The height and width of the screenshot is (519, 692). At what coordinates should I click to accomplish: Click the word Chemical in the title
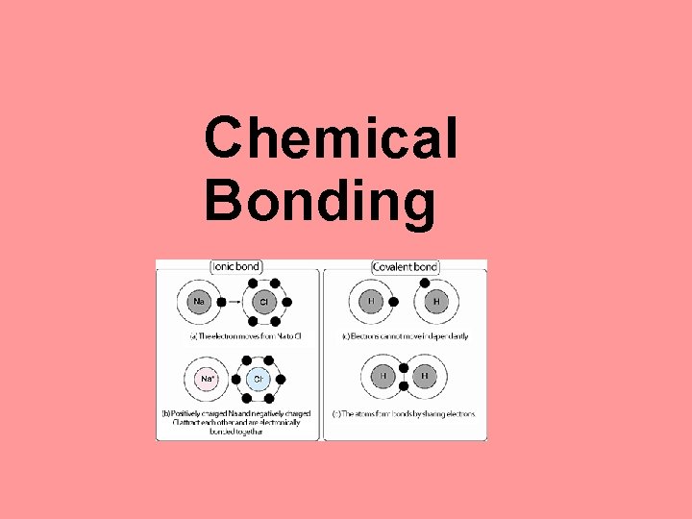click(331, 136)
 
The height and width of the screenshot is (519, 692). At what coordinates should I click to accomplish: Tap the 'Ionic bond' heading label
click(236, 265)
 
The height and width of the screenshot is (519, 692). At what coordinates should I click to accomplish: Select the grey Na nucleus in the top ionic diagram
click(199, 302)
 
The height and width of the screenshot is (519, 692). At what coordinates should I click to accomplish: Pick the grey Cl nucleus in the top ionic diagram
click(262, 302)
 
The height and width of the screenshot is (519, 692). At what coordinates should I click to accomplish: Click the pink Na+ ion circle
click(207, 379)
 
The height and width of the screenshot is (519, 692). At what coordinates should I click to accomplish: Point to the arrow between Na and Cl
click(234, 302)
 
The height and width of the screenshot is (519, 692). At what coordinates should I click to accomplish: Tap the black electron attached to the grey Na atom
click(221, 302)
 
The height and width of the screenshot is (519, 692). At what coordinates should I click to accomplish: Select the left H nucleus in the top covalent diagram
click(369, 302)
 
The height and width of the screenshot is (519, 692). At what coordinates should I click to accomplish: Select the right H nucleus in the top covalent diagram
click(435, 302)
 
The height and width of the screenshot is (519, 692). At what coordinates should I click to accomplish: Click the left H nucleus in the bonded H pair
click(383, 376)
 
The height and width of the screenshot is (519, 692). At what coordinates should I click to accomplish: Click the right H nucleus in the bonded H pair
click(425, 376)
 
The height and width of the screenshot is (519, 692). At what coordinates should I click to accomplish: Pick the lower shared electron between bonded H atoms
click(404, 385)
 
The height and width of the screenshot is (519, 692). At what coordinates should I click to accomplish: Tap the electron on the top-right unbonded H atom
click(424, 283)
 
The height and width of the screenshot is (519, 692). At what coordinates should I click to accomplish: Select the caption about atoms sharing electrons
click(404, 414)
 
